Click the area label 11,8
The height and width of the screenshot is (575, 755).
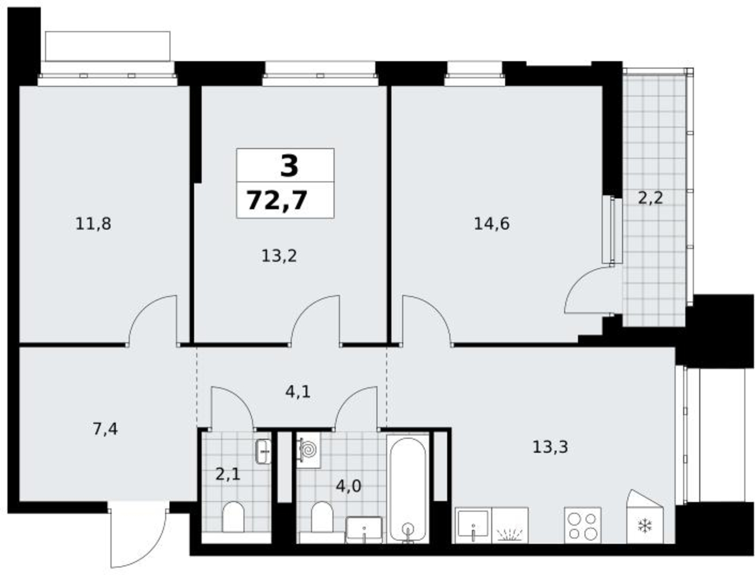click(x=93, y=224)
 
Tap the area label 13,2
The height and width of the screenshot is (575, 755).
click(x=279, y=256)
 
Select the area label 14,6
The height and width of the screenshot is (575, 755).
click(x=491, y=224)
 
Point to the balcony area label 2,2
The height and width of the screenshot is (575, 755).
click(x=650, y=198)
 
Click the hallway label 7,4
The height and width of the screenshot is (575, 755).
click(x=105, y=429)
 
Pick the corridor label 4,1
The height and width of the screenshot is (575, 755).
click(x=297, y=392)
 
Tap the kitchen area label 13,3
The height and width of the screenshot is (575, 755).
click(x=550, y=447)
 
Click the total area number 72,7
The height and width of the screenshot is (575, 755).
click(x=277, y=201)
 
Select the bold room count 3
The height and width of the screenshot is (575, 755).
click(x=289, y=166)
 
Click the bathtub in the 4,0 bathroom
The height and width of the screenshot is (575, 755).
click(x=408, y=489)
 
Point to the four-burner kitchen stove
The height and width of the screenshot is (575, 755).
click(x=582, y=525)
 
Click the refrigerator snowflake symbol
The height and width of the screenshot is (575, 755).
click(x=644, y=526)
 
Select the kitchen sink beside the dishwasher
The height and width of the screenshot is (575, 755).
click(x=473, y=525)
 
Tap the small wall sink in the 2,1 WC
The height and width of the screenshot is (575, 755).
click(x=263, y=451)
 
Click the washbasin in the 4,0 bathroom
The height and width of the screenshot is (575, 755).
click(x=363, y=530)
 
